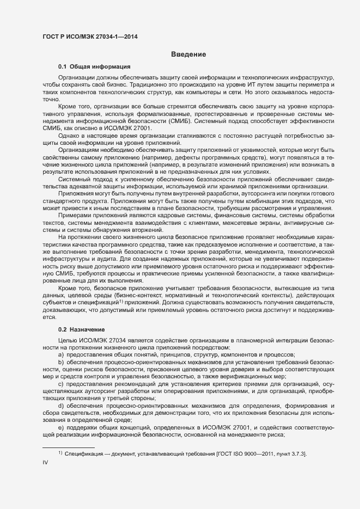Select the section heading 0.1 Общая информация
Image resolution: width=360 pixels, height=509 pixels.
90,66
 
